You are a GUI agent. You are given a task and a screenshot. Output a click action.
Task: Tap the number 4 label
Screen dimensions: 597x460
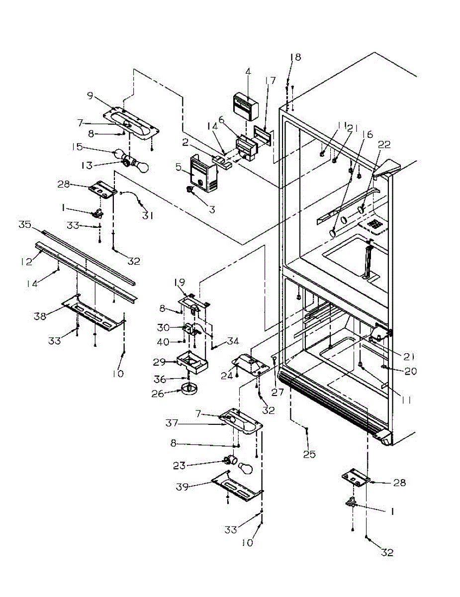pos(248,71)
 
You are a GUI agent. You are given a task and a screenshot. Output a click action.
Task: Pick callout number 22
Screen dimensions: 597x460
pos(384,145)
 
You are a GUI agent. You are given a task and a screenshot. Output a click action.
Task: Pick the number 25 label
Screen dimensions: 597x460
pos(309,454)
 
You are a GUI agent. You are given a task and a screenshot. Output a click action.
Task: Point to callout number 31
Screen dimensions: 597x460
pos(148,215)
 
